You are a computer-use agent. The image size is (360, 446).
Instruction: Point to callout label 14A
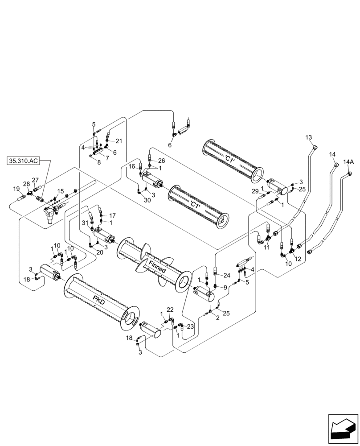click(348, 162)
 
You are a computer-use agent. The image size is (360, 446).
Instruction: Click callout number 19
click(16, 189)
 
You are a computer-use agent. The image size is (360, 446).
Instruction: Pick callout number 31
click(85, 223)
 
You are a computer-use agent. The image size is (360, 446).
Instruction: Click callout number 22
click(170, 310)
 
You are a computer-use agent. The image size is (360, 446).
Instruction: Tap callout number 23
click(190, 326)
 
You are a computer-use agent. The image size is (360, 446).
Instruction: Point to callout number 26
click(161, 161)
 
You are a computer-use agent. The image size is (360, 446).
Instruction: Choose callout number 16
click(132, 166)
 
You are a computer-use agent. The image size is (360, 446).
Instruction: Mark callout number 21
click(119, 141)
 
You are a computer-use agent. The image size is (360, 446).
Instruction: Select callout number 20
click(100, 252)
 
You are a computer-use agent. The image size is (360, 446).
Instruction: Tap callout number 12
click(298, 259)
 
